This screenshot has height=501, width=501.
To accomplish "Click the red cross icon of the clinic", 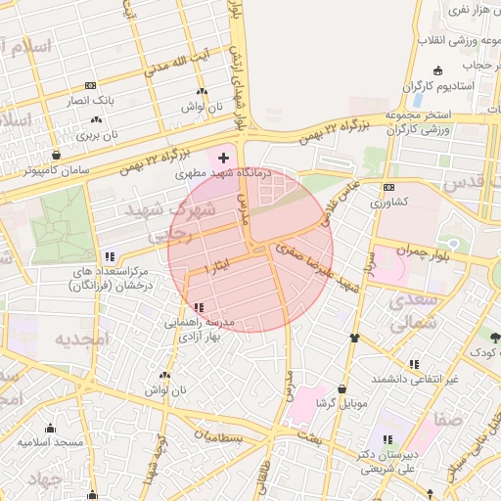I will tap(224, 157).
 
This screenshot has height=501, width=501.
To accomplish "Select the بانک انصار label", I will tap(91, 100).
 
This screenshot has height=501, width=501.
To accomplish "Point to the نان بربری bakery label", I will tap(97, 135).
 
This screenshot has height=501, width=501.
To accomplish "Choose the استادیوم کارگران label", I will tap(436, 85).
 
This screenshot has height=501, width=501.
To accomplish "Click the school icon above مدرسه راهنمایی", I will tap(200, 307).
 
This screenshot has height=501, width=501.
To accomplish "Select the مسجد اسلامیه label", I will tap(51, 442).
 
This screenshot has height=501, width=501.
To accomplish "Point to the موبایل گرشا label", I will tap(342, 402).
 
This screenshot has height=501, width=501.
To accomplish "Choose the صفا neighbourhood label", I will tap(449, 419).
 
